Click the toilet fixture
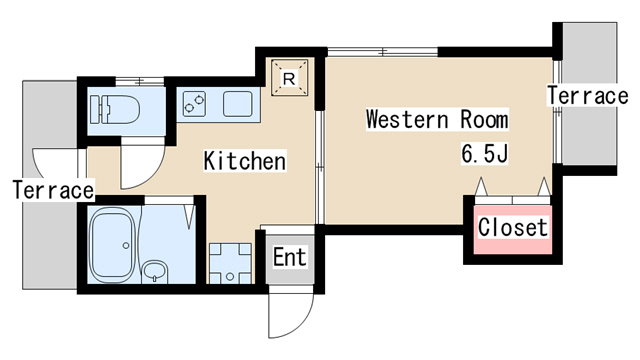tap(115, 109)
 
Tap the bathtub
tap(112, 245)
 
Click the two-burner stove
tap(194, 104)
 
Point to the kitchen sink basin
tap(238, 104)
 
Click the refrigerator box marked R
tap(289, 78)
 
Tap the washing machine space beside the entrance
tap(230, 263)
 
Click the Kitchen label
tap(245, 161)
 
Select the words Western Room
tap(437, 119)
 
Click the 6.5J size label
tap(484, 153)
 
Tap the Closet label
tap(513, 227)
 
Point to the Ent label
tap(289, 257)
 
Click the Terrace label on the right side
tap(587, 96)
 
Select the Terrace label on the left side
tap(53, 190)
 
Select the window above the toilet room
tap(140, 81)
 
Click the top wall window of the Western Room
tap(382, 52)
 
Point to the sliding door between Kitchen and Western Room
tap(320, 167)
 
